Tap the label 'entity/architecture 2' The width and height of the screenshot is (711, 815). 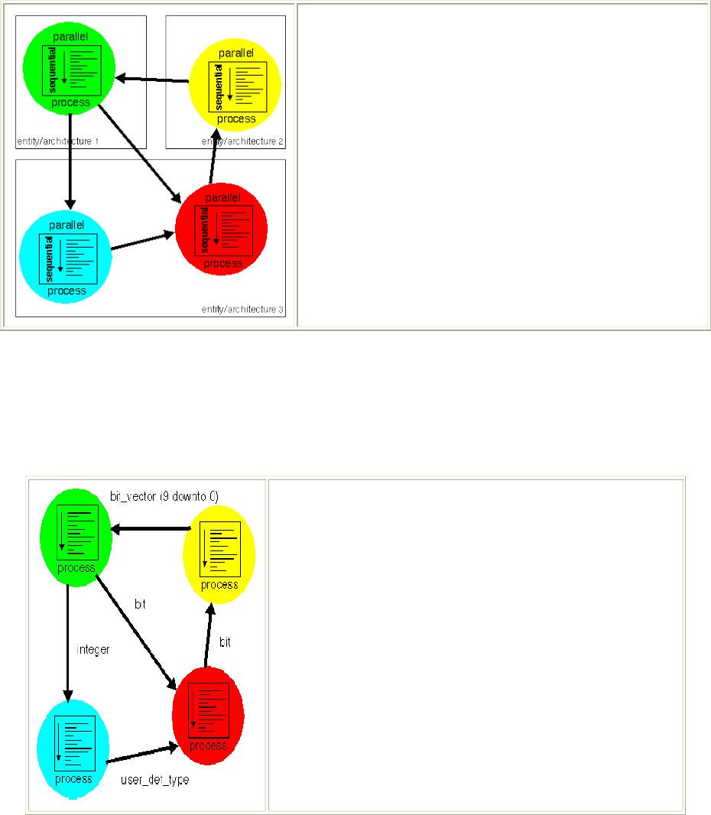click(243, 141)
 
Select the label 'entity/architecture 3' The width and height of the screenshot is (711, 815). click(243, 309)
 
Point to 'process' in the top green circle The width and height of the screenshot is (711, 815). click(70, 102)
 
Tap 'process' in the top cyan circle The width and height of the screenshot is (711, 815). click(67, 291)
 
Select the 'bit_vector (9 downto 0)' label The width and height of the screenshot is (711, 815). click(164, 496)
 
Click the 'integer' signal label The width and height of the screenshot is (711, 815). click(94, 649)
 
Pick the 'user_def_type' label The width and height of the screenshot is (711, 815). click(155, 780)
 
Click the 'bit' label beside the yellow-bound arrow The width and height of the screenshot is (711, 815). click(226, 642)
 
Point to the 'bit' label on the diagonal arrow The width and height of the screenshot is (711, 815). click(141, 604)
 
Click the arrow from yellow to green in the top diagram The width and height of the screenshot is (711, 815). click(152, 79)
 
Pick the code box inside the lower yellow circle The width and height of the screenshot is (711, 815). click(221, 549)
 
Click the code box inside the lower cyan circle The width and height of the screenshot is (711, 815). click(74, 745)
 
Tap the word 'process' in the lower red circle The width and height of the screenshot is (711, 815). click(208, 745)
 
